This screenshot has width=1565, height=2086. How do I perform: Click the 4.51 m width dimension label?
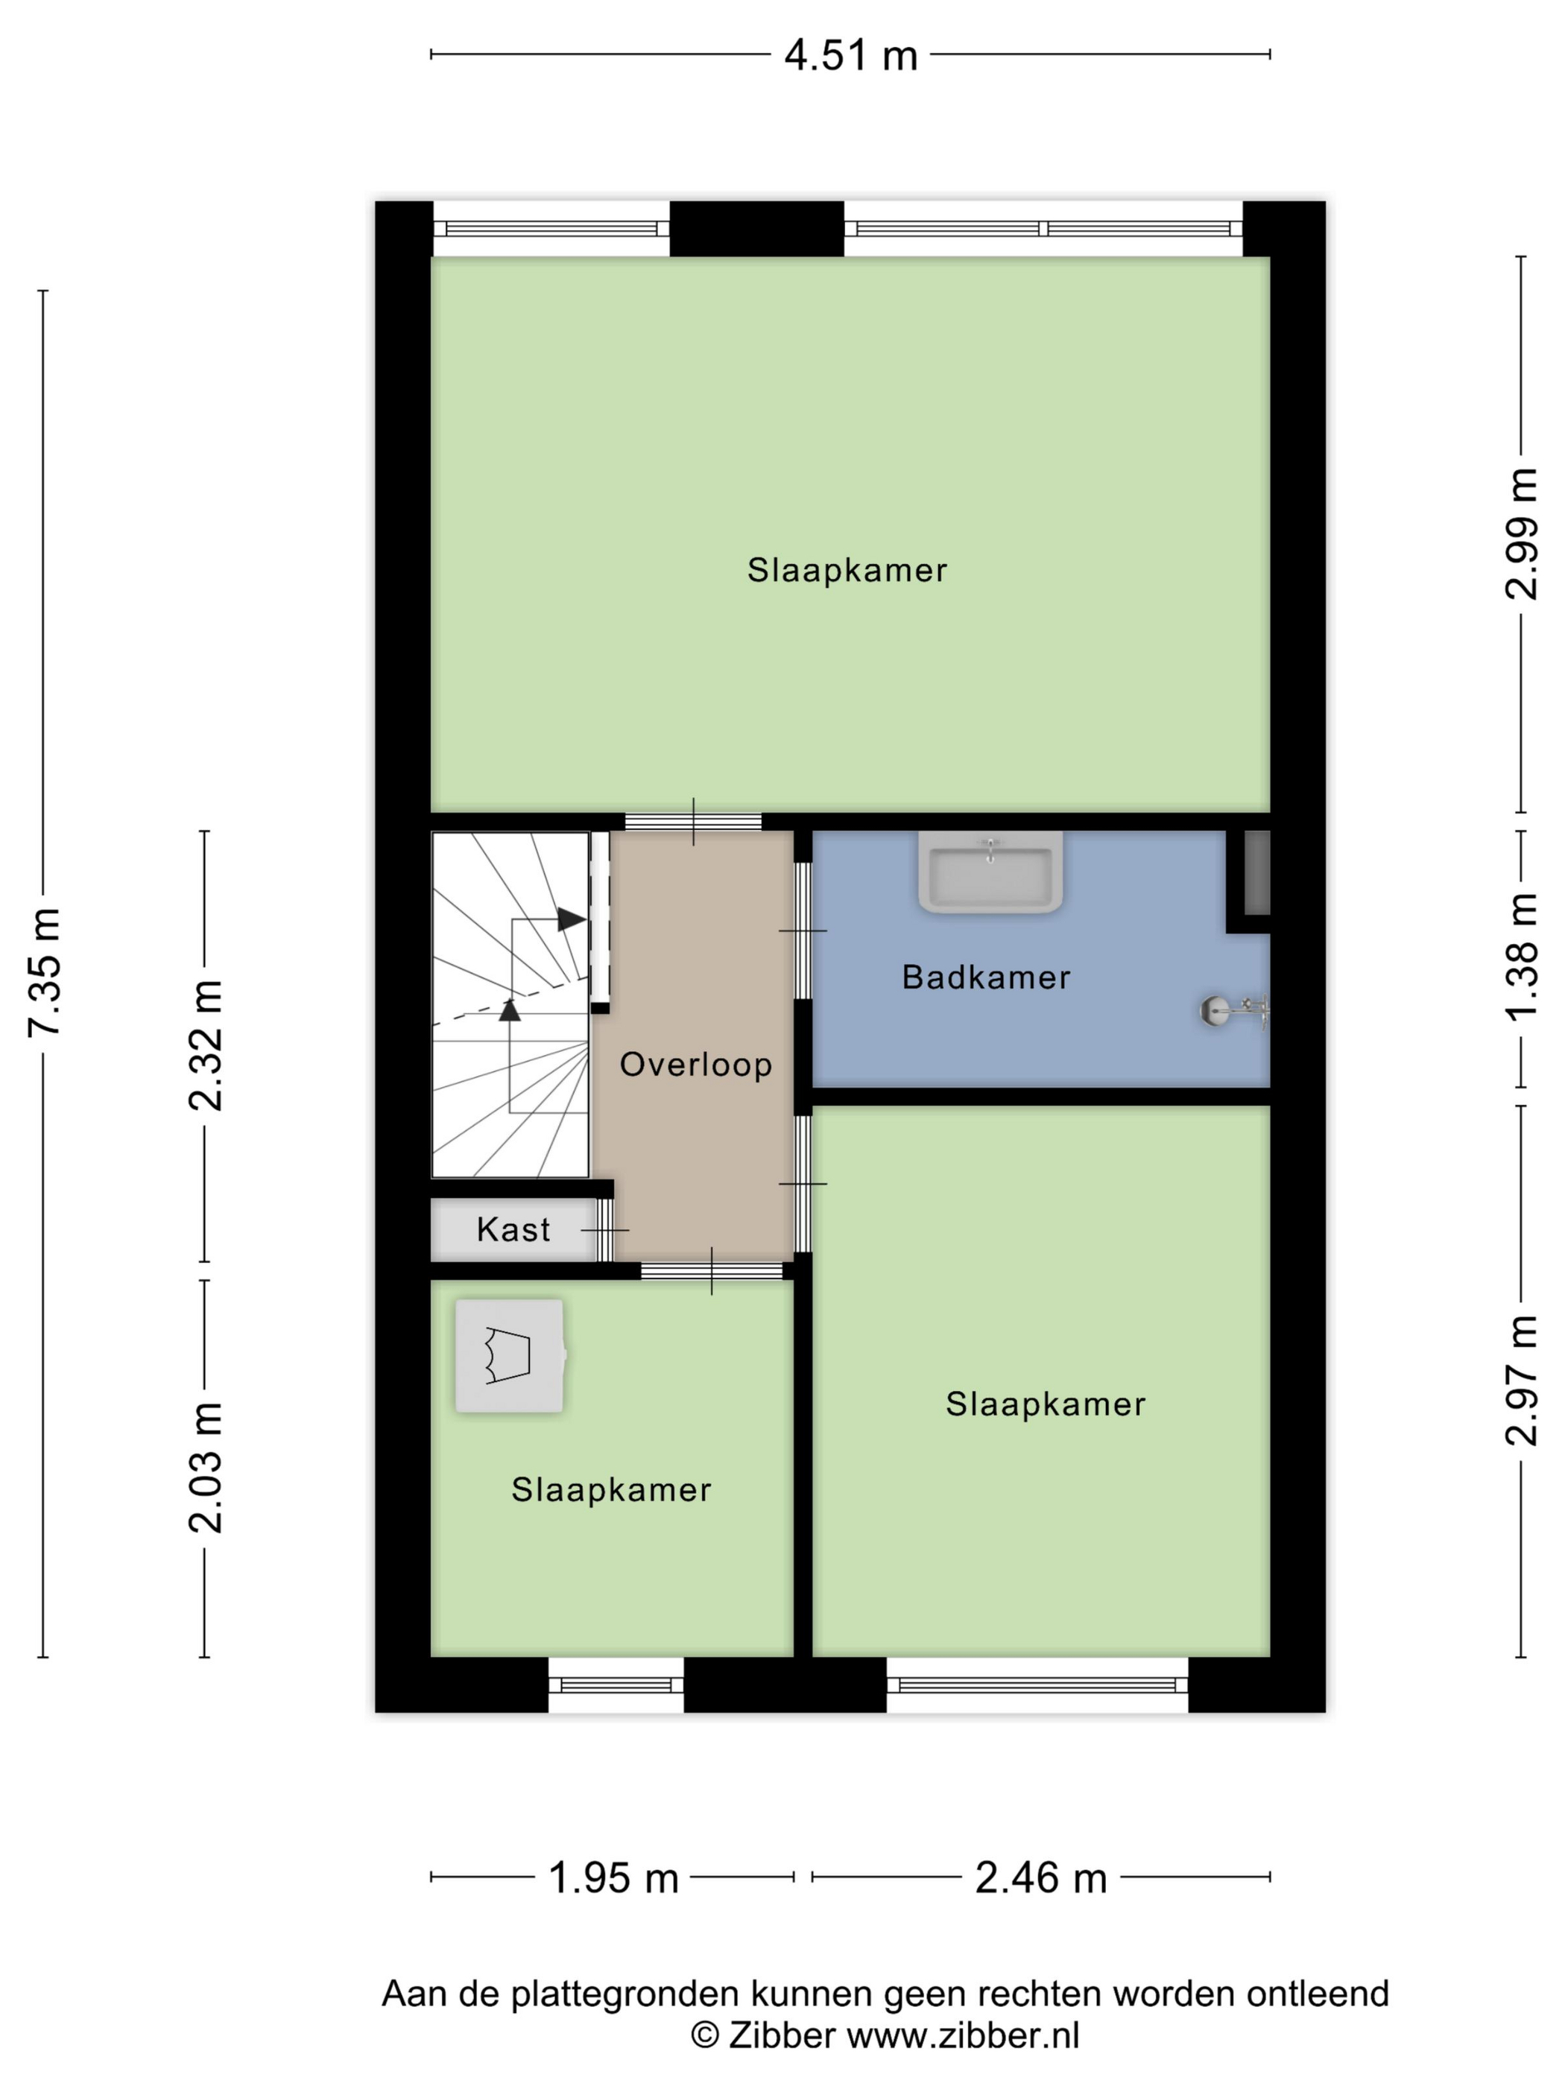tap(850, 56)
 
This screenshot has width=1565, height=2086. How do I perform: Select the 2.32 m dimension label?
tap(206, 1045)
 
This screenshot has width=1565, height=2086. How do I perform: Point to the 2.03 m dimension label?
tap(206, 1466)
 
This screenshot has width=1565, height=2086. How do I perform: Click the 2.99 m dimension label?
tap(1521, 533)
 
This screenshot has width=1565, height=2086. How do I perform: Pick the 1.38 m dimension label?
tap(1521, 957)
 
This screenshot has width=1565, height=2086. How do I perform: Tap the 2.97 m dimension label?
tap(1521, 1380)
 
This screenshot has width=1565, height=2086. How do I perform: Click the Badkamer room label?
tap(986, 977)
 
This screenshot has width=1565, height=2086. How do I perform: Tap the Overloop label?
tap(696, 1065)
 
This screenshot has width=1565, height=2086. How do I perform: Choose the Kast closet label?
tap(513, 1230)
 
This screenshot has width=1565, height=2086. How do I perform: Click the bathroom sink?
tap(990, 872)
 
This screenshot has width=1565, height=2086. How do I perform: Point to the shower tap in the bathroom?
tap(1235, 1011)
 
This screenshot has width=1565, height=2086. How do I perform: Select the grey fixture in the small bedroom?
tap(510, 1356)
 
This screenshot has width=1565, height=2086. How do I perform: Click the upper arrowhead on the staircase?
tap(572, 919)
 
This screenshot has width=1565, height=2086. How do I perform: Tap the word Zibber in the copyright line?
tap(782, 2035)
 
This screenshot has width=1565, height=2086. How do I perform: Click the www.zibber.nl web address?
tap(963, 2035)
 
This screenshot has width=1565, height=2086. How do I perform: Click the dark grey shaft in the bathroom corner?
tap(1256, 872)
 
